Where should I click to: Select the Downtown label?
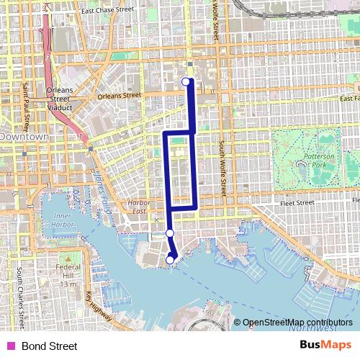tap(24, 136)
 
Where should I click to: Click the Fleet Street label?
tap(297, 203)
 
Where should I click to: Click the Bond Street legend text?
tap(49, 346)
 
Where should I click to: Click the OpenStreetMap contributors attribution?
tap(297, 323)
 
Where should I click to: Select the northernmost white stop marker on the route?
tap(186, 81)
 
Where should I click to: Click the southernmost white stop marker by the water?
tap(171, 260)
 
